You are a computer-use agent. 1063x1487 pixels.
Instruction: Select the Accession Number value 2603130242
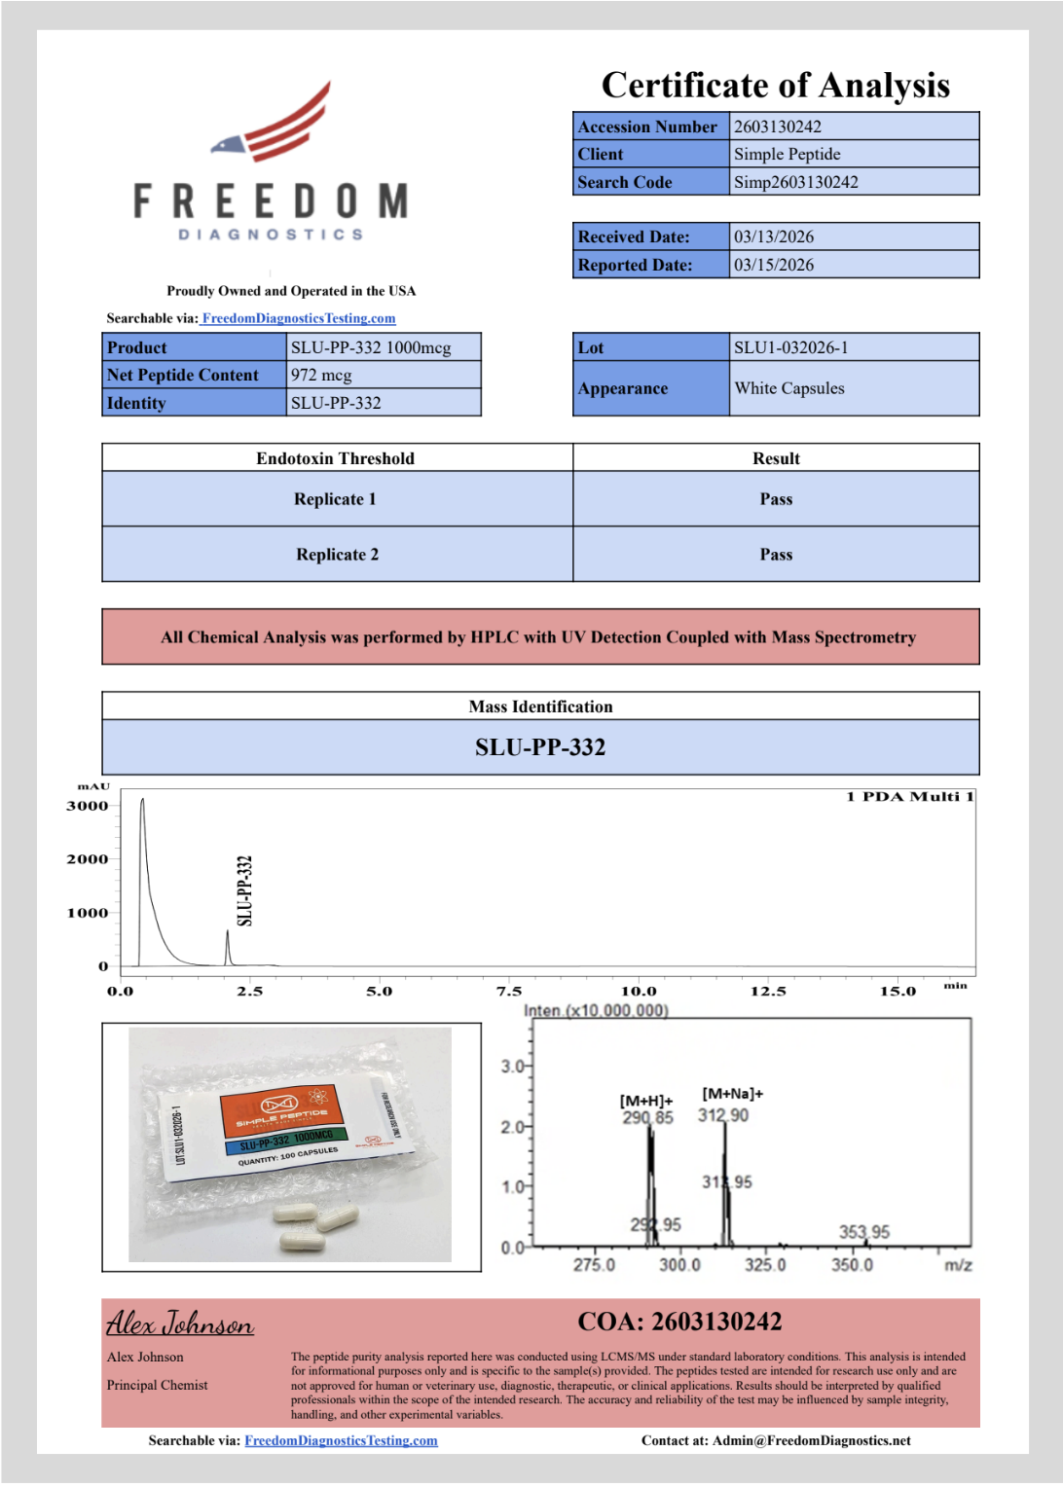[x=777, y=127]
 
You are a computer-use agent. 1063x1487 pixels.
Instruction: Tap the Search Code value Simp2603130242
[x=795, y=182]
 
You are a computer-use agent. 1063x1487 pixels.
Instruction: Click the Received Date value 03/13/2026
[x=773, y=236]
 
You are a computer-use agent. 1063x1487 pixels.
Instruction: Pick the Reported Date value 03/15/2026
[x=773, y=265]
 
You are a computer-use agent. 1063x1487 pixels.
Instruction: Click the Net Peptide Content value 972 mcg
[x=321, y=375]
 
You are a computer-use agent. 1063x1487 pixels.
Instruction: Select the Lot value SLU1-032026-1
[x=790, y=347]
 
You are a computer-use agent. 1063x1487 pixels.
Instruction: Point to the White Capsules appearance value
[x=789, y=388]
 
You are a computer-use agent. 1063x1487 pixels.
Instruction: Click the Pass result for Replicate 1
[x=776, y=499]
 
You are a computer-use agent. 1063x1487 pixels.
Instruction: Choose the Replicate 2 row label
[x=337, y=555]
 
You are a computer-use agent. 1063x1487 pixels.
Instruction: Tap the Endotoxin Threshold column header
[x=335, y=458]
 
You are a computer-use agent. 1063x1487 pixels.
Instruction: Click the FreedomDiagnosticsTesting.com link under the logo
[x=299, y=318]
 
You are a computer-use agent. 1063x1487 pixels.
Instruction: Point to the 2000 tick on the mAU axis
[x=88, y=859]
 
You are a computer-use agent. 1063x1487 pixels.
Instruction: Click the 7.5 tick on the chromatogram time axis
[x=509, y=991]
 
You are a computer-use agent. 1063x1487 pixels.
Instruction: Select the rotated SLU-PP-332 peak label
[x=245, y=890]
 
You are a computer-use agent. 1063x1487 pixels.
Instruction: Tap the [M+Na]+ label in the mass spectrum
[x=732, y=1094]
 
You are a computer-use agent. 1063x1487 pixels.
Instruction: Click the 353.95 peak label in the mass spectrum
[x=863, y=1232]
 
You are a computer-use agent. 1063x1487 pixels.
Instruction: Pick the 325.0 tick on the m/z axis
[x=765, y=1265]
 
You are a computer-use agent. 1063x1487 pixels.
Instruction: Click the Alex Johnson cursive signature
[x=180, y=1324]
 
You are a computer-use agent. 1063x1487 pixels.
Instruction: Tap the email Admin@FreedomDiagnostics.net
[x=811, y=1440]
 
